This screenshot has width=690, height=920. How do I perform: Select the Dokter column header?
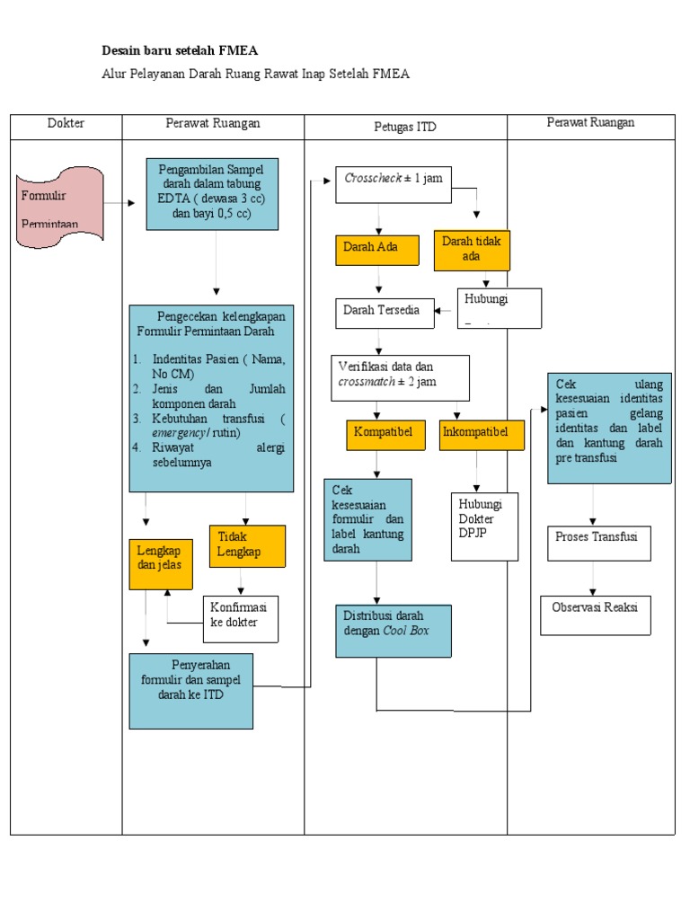click(66, 124)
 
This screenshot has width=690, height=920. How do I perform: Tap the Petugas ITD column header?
click(405, 128)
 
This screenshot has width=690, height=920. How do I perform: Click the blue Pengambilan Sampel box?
click(211, 193)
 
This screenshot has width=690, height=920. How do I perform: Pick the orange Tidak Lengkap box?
click(247, 546)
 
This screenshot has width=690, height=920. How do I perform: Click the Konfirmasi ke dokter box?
click(240, 617)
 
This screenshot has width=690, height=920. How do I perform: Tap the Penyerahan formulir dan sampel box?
click(190, 689)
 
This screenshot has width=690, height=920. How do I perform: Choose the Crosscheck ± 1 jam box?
click(393, 178)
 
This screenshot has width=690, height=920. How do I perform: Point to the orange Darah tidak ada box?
click(472, 250)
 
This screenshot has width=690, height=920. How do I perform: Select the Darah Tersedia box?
click(384, 311)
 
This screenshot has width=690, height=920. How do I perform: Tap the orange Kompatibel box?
click(384, 434)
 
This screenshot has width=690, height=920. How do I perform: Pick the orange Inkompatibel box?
click(482, 434)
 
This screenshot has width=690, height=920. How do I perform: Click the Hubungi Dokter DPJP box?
click(484, 525)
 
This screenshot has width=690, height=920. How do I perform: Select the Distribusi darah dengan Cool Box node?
click(394, 631)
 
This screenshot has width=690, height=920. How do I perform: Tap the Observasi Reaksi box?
click(596, 614)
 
